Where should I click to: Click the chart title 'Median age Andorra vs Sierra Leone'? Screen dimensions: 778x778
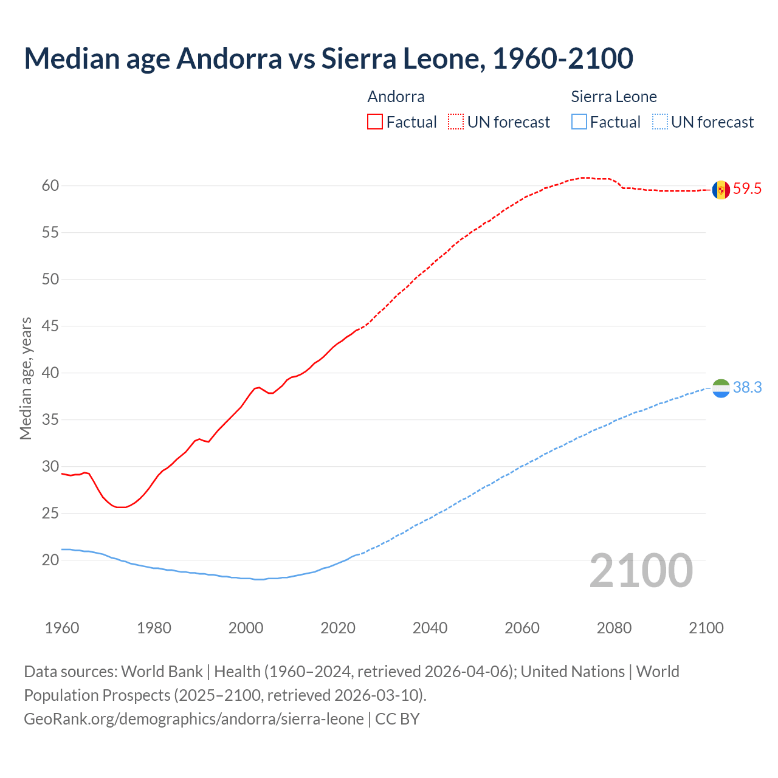[328, 58]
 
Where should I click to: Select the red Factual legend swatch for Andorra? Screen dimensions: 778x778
[375, 122]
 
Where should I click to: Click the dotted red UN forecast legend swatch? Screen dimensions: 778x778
[456, 122]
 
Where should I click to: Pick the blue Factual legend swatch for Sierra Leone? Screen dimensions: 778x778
[579, 122]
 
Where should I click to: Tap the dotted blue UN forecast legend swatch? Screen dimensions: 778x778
[660, 122]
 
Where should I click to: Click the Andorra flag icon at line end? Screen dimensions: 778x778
[721, 190]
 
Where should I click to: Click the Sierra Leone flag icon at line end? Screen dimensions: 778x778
[721, 388]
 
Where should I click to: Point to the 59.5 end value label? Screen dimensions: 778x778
[747, 189]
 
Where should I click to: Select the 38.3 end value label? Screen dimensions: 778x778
[747, 388]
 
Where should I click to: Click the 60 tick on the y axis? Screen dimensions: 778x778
[50, 186]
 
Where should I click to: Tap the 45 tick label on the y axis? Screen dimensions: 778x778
[50, 326]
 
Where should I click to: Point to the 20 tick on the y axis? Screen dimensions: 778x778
[50, 560]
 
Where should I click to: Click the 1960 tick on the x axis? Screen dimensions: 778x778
[62, 628]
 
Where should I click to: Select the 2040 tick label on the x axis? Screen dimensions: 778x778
[430, 628]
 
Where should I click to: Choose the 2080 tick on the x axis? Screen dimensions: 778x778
[614, 628]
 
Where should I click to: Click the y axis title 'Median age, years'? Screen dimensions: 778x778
[26, 378]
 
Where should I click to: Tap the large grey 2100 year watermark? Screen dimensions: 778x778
[641, 571]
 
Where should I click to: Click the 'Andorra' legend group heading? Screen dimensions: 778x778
[396, 97]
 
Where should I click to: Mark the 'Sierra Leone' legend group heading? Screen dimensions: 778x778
[614, 97]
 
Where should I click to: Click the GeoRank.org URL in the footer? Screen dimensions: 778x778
[194, 719]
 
